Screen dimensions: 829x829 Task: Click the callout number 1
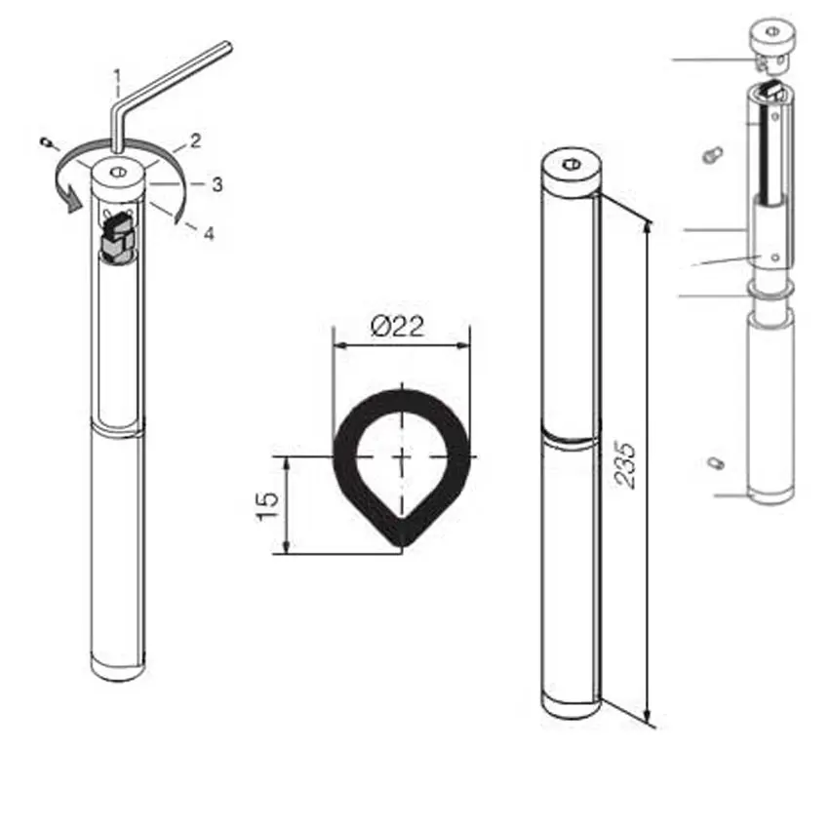click(117, 74)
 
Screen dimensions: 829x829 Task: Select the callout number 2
click(195, 141)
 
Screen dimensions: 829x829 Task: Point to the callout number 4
click(208, 233)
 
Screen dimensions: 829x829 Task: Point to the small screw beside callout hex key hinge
click(46, 144)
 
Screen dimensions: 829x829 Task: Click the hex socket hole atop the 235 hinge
click(571, 163)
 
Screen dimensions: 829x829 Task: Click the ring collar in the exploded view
click(770, 290)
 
